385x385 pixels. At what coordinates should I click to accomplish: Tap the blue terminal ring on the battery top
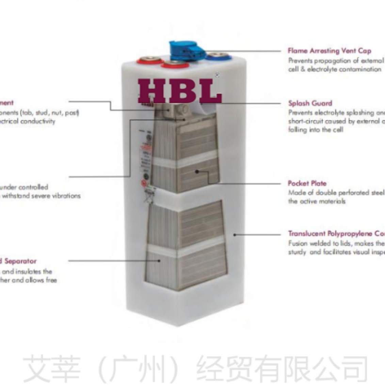click(x=218, y=57)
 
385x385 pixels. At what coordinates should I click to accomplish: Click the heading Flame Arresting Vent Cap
click(x=329, y=51)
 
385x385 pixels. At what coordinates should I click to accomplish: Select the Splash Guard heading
click(x=310, y=103)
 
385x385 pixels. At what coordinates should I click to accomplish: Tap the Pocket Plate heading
click(x=307, y=183)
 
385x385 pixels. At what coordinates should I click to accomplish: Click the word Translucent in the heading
click(x=306, y=234)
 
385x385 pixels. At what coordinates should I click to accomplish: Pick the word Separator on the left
click(x=20, y=261)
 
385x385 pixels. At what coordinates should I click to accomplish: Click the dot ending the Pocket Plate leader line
click(x=197, y=171)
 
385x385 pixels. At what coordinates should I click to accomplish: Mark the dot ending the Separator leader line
click(x=159, y=261)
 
